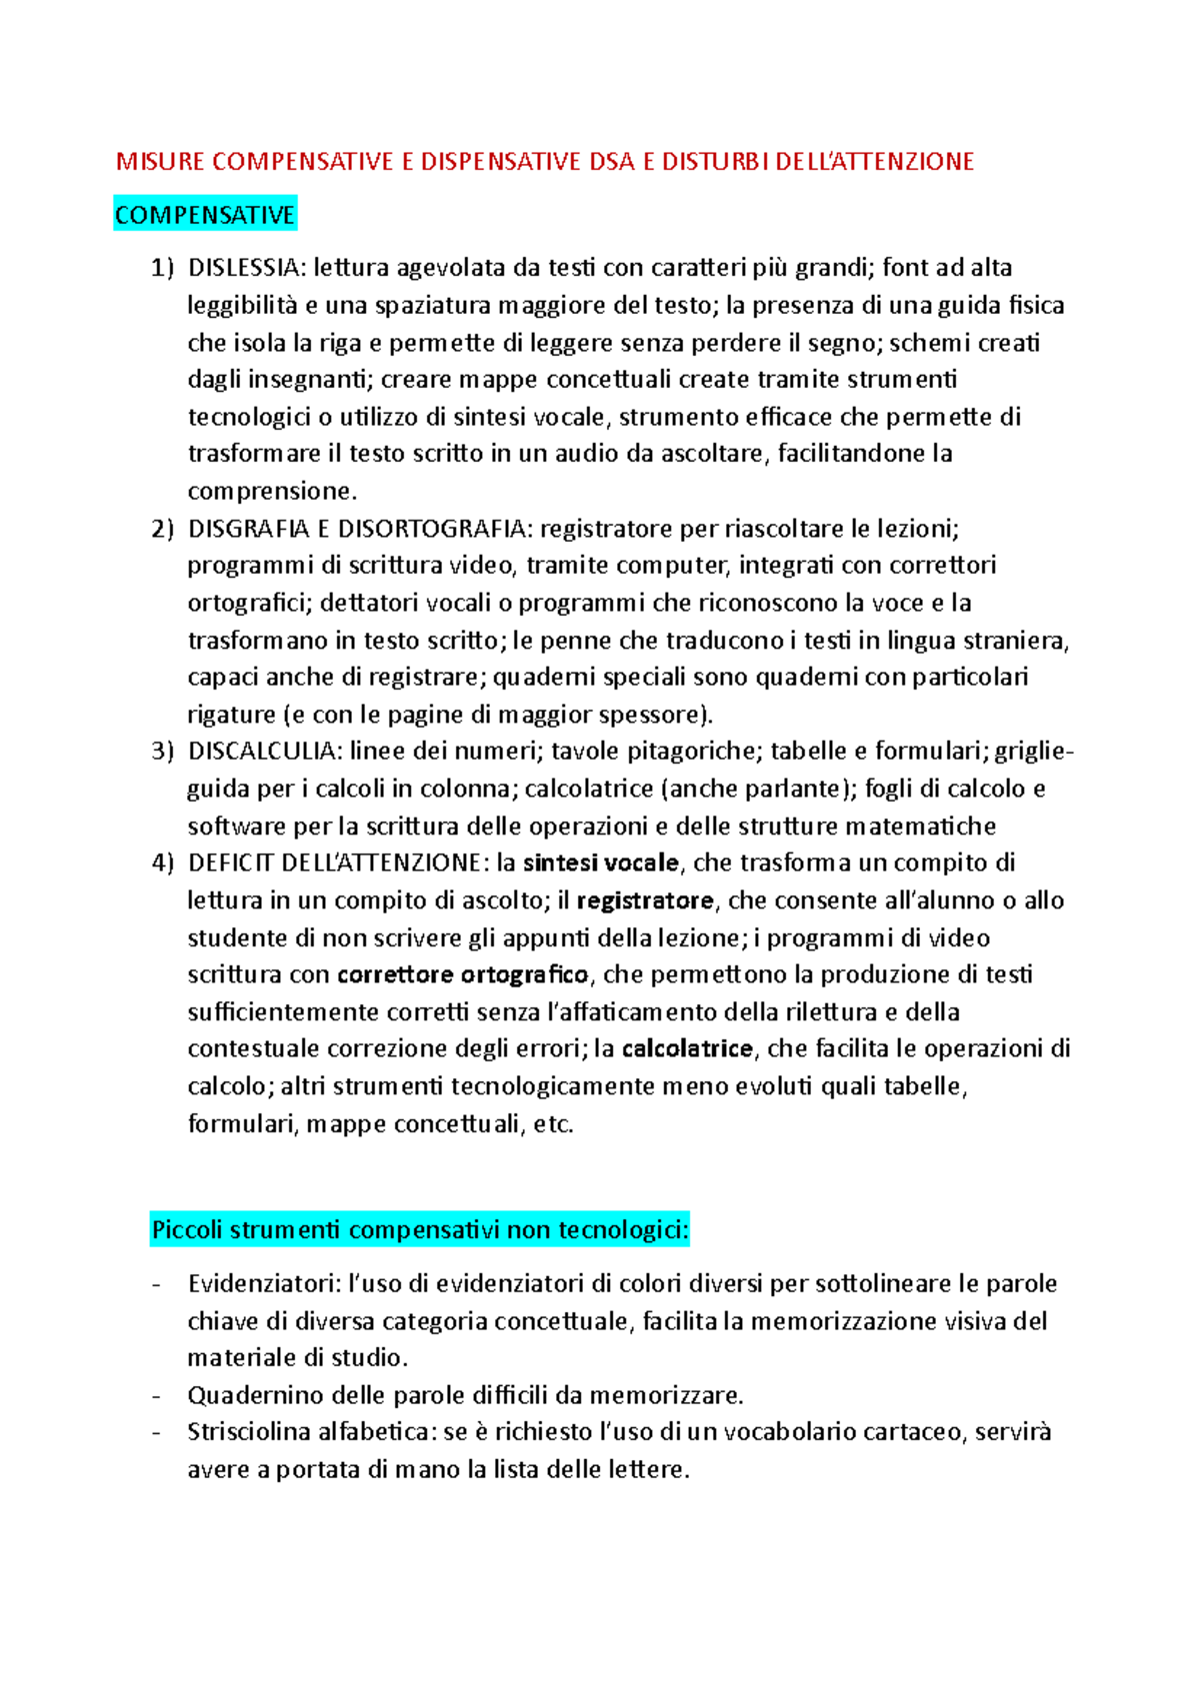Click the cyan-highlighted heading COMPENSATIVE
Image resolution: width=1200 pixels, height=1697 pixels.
(205, 215)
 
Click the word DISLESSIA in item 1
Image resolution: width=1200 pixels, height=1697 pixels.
(245, 268)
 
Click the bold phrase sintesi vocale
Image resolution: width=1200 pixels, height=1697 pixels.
(601, 862)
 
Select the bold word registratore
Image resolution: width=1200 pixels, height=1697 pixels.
(645, 900)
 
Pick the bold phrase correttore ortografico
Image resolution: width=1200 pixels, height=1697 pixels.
(463, 974)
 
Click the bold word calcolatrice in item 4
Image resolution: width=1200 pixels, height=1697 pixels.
(687, 1048)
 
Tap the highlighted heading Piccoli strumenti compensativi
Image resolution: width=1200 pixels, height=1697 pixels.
(420, 1229)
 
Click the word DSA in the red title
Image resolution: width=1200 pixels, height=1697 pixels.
(612, 162)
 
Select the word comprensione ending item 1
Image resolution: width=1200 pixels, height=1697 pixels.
(270, 491)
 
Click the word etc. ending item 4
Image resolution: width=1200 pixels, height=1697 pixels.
(553, 1124)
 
